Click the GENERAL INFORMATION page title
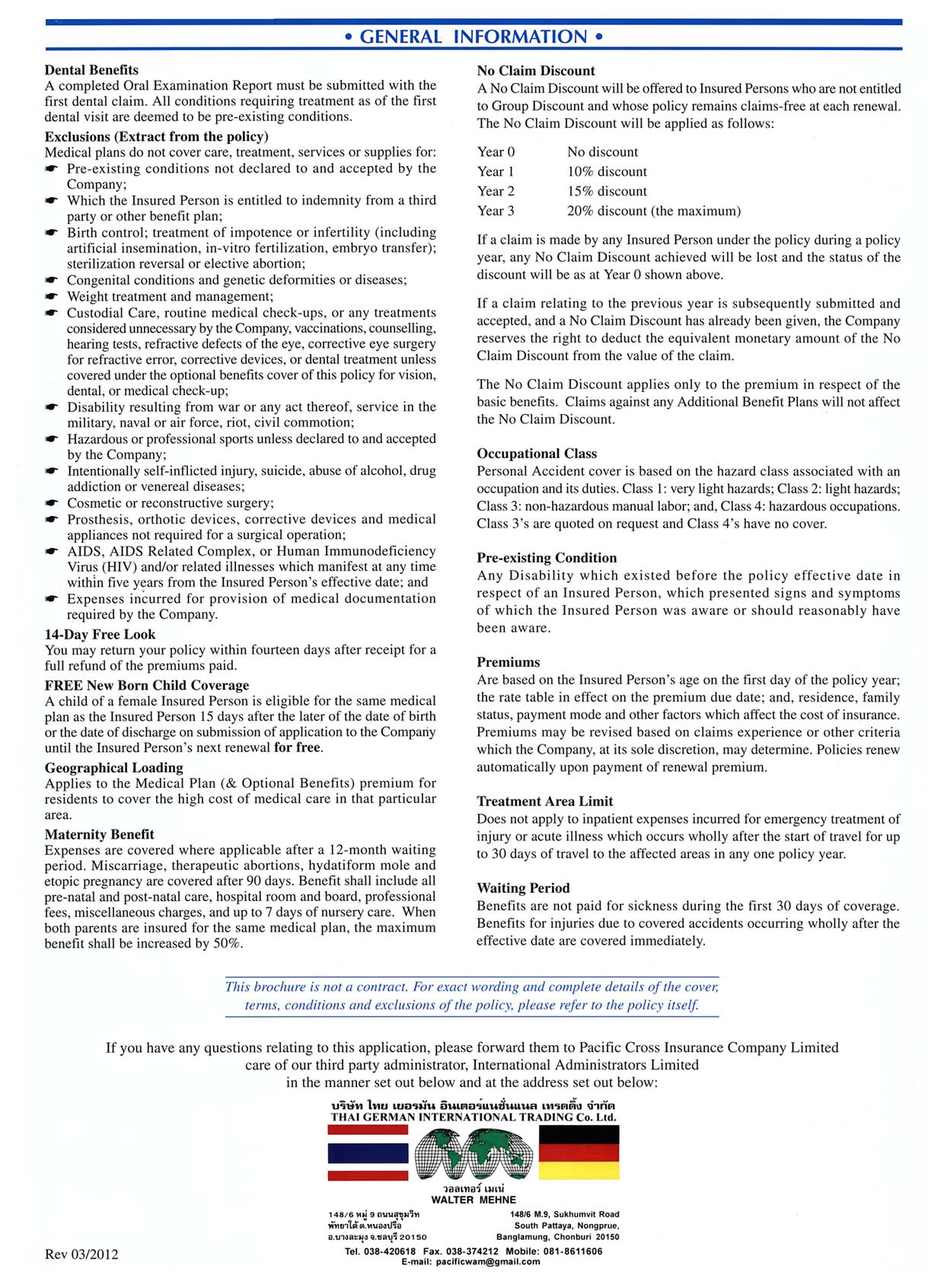click(x=473, y=37)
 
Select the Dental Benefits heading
click(x=91, y=70)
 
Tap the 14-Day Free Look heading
click(x=100, y=634)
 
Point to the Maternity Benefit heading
click(x=99, y=834)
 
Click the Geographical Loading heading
click(x=113, y=767)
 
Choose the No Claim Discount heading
click(x=536, y=71)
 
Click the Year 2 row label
click(x=496, y=191)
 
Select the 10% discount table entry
click(x=607, y=171)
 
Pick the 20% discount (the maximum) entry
click(x=653, y=211)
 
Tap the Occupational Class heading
click(x=537, y=454)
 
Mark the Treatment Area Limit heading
click(x=544, y=801)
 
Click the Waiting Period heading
click(x=523, y=887)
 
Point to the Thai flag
click(x=368, y=1153)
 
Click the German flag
click(x=579, y=1152)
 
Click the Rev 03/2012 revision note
click(x=81, y=1254)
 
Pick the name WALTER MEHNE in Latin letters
click(x=473, y=1200)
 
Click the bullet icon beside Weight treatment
click(x=51, y=297)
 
